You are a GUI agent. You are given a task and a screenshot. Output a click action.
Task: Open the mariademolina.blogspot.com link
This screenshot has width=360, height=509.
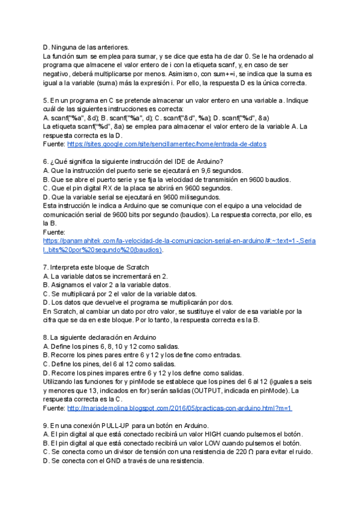(x=179, y=408)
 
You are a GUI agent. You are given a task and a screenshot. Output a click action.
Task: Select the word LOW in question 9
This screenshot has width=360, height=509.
(x=208, y=442)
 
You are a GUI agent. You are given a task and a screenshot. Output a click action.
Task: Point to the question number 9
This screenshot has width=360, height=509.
(x=46, y=425)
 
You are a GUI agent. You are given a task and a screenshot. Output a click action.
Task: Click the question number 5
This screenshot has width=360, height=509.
(x=46, y=100)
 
